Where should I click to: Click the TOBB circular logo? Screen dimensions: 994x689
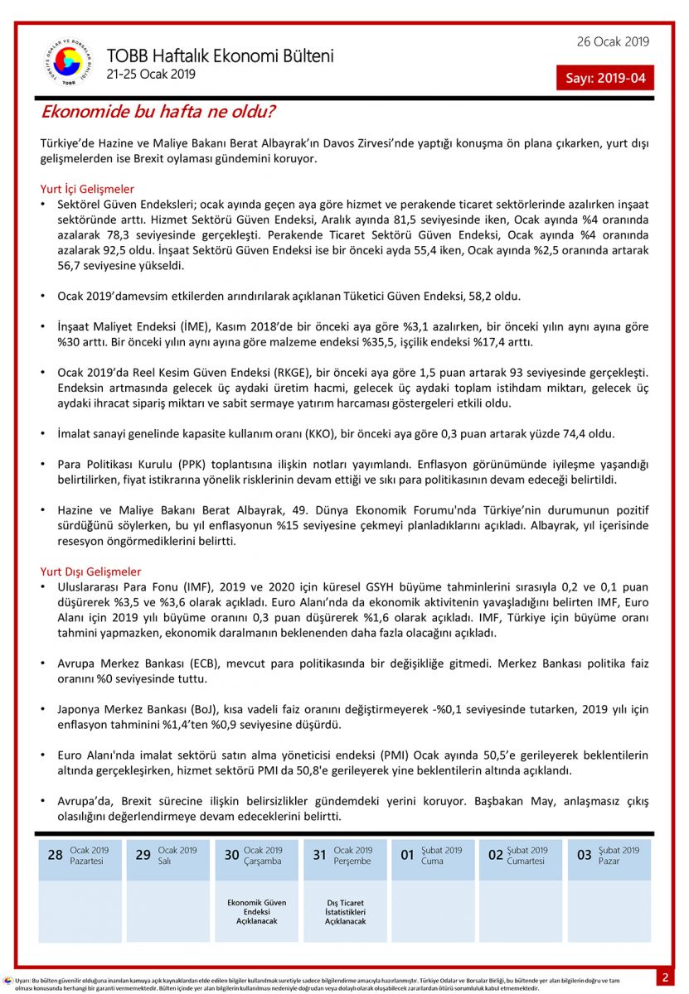(x=68, y=61)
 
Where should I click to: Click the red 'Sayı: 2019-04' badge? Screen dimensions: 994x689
(x=604, y=79)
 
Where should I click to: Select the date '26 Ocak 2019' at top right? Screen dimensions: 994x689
(x=613, y=42)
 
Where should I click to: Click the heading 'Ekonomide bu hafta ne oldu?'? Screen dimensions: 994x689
(x=158, y=111)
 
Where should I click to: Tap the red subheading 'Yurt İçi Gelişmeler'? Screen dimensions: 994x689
(x=87, y=189)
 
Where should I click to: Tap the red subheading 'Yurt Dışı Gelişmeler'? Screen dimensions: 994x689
(x=90, y=572)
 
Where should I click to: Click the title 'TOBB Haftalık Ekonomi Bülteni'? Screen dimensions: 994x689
(x=220, y=56)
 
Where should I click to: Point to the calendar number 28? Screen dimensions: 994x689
(x=55, y=855)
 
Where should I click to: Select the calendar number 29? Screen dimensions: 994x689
(x=143, y=855)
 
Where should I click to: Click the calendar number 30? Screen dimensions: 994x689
(x=231, y=855)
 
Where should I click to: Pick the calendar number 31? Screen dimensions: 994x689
(x=320, y=855)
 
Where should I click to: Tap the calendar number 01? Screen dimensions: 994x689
(x=408, y=855)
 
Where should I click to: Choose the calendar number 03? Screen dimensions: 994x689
(x=584, y=855)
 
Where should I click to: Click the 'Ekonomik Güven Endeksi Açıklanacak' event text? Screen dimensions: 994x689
(x=256, y=912)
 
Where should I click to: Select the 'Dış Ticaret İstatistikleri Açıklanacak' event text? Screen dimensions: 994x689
(x=345, y=912)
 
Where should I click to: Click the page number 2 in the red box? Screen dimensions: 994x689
(x=665, y=977)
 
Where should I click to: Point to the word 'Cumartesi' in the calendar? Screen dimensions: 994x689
(x=527, y=861)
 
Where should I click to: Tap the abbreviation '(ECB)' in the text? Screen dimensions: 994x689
(x=206, y=663)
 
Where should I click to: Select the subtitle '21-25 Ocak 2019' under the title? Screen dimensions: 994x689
(x=151, y=74)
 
